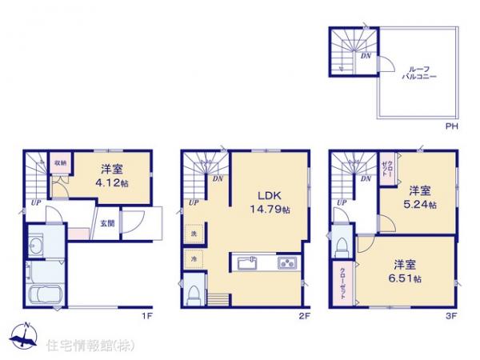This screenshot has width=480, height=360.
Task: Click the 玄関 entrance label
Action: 107,223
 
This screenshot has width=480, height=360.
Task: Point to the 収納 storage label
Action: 60,162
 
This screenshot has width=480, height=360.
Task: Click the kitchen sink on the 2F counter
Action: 245,263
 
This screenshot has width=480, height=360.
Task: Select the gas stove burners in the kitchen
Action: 286,263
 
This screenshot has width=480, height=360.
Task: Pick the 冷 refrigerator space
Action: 194,259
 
